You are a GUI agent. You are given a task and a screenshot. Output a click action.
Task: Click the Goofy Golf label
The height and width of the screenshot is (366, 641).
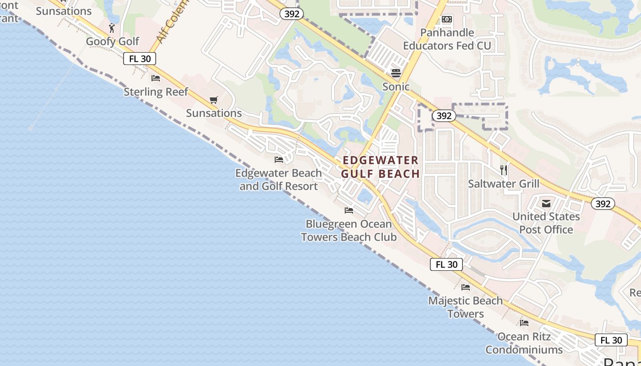(x=113, y=42)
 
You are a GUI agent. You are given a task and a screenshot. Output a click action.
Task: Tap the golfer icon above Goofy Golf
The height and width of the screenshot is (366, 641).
(x=112, y=28)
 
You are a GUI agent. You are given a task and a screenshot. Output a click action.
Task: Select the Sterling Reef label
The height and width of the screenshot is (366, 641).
(x=156, y=92)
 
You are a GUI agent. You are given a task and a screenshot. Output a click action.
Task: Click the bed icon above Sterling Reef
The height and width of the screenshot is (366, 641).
(x=156, y=78)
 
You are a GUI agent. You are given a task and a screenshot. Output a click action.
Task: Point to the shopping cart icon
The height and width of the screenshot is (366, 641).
(x=213, y=100)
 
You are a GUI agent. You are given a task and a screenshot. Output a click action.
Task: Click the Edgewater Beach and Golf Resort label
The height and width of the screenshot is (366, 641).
(x=278, y=180)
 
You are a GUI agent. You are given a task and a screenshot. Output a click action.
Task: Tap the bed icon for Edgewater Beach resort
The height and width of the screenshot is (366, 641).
(x=279, y=160)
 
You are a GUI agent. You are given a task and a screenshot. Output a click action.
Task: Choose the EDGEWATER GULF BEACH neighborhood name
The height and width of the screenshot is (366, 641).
(x=380, y=167)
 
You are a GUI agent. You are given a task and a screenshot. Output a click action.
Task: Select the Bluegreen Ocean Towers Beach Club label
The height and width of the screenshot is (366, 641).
(x=349, y=231)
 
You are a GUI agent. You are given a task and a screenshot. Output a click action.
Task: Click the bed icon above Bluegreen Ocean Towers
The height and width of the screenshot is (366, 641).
(x=349, y=210)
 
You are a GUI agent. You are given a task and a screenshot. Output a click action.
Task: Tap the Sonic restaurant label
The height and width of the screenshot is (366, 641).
(x=396, y=86)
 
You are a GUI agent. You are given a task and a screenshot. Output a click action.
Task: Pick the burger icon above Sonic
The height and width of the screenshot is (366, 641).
(x=396, y=73)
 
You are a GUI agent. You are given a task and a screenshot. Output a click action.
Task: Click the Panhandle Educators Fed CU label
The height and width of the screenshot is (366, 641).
(x=447, y=39)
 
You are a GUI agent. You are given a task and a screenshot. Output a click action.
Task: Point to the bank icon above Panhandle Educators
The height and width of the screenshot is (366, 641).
(x=447, y=19)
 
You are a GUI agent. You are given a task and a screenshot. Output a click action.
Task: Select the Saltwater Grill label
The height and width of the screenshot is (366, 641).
(x=504, y=184)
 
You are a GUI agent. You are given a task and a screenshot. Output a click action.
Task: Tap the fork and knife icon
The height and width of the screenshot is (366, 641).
(x=504, y=170)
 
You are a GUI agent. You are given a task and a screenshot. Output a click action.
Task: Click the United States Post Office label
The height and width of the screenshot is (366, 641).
(x=546, y=223)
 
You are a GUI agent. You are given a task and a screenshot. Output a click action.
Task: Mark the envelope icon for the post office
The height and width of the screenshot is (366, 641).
(x=546, y=203)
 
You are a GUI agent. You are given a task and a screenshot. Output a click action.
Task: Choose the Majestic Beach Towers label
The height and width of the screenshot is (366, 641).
(x=466, y=307)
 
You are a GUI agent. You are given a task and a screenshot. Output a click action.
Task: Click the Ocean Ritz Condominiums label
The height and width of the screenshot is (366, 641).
(x=524, y=343)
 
